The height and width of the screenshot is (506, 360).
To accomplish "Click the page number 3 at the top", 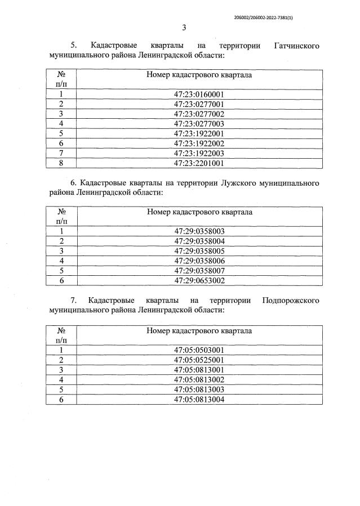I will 184,28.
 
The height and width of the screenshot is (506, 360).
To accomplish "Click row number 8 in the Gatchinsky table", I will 61,163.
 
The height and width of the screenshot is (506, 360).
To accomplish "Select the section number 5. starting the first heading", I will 73,45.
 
